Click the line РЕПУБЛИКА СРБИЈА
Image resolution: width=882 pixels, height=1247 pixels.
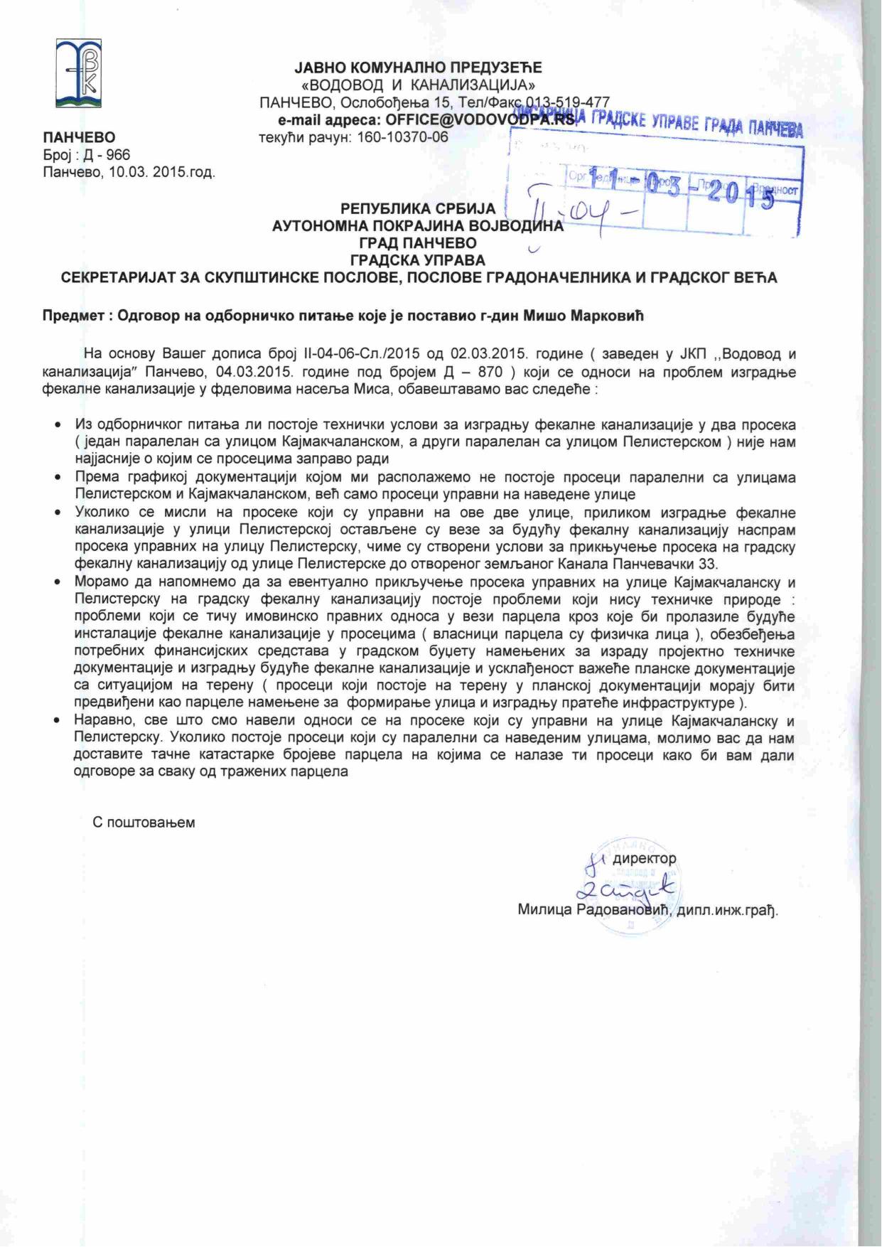point(417,209)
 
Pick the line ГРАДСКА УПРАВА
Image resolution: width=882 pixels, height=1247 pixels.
point(418,260)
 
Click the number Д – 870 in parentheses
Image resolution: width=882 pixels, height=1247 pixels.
point(476,371)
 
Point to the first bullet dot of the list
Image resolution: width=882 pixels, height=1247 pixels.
point(58,425)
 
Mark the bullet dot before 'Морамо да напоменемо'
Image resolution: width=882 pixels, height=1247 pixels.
point(58,582)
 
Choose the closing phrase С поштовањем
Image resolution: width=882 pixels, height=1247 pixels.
point(144,823)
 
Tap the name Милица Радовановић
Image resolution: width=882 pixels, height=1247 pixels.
point(594,910)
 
